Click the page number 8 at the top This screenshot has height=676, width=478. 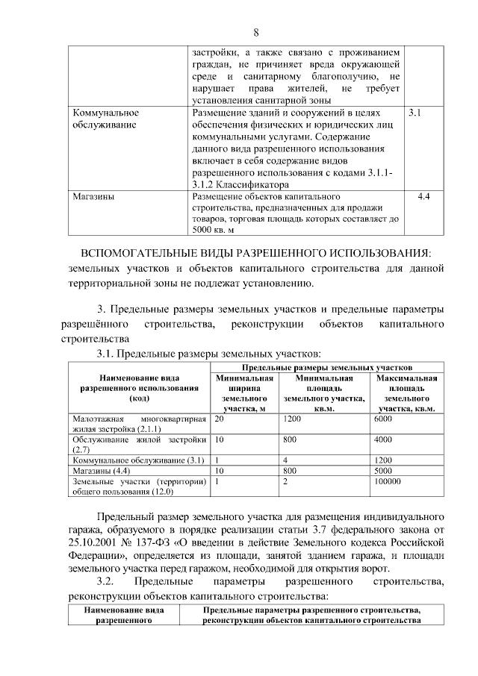click(256, 32)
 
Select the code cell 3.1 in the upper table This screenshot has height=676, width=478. click(416, 113)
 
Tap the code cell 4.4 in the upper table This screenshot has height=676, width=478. click(423, 197)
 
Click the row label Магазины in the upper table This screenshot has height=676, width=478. click(93, 197)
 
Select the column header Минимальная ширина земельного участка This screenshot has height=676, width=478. click(243, 393)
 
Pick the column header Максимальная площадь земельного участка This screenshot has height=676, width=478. click(406, 393)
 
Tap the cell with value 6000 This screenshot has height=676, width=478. click(382, 419)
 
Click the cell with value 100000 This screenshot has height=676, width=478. click(388, 482)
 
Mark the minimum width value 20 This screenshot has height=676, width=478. click(219, 419)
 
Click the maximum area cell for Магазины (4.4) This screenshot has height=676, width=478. click(382, 472)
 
